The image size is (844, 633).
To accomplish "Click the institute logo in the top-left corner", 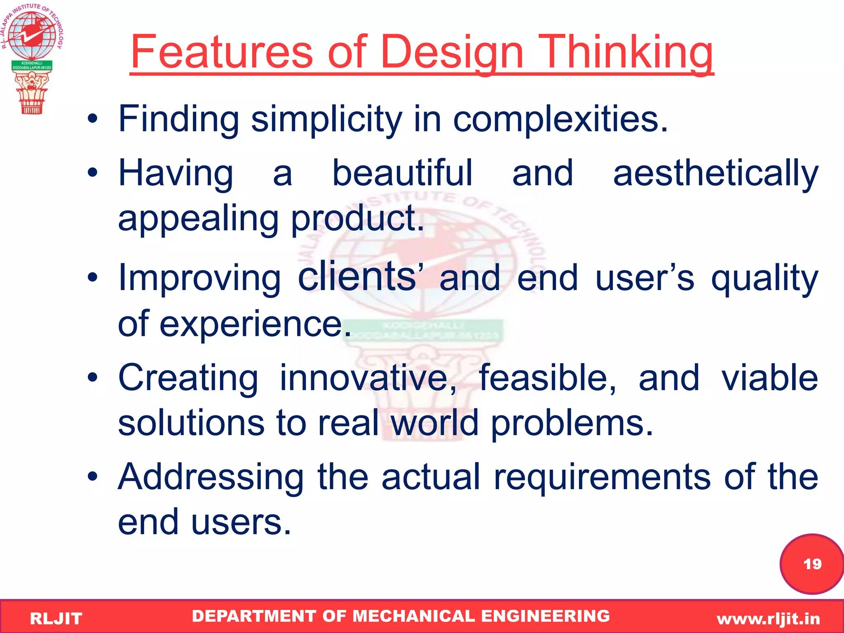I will click(x=32, y=58).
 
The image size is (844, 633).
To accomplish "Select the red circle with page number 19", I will click(x=811, y=564).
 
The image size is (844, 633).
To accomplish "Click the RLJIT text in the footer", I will click(x=56, y=619).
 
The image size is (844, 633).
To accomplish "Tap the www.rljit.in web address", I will click(x=768, y=619).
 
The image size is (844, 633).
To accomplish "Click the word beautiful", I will click(x=402, y=173).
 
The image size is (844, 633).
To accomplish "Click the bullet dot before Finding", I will click(x=93, y=120).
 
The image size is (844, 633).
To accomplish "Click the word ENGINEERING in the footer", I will click(x=545, y=616).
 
